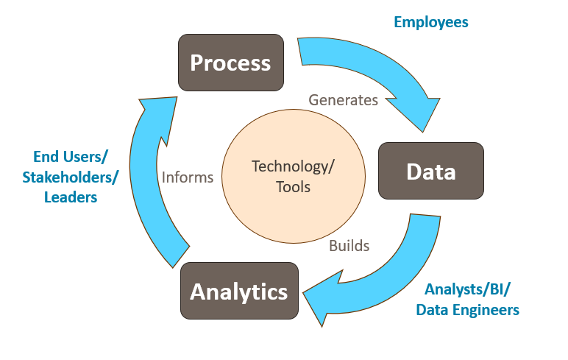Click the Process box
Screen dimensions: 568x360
pos(230,63)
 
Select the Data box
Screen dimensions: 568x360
pos(430,172)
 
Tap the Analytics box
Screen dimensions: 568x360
pos(238,292)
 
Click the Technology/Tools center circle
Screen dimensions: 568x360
pos(292,176)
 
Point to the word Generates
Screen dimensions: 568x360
pos(343,99)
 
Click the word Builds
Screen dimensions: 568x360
pos(349,245)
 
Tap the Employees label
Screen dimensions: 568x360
pos(431,22)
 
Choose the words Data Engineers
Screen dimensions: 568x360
pos(467,310)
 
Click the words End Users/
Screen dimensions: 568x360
pos(71,156)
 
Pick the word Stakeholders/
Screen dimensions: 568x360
pos(70,177)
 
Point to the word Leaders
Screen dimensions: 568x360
pos(71,197)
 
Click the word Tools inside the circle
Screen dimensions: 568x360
pos(293,187)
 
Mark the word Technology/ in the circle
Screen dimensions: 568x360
pos(293,166)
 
